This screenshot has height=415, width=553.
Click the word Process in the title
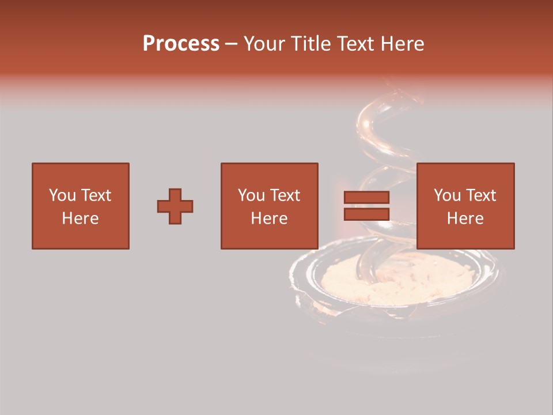point(181,44)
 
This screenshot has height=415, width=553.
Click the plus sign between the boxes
point(175,206)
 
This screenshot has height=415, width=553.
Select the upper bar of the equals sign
point(366,198)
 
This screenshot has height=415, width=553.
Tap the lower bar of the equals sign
point(366,214)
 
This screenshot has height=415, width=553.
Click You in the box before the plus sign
point(62,195)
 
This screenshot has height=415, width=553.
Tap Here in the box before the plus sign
point(80,218)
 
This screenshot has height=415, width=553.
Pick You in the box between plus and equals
point(251,195)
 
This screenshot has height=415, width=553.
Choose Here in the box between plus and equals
point(269,218)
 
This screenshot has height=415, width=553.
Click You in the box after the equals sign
point(447,195)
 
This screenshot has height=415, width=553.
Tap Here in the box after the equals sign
point(465,218)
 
